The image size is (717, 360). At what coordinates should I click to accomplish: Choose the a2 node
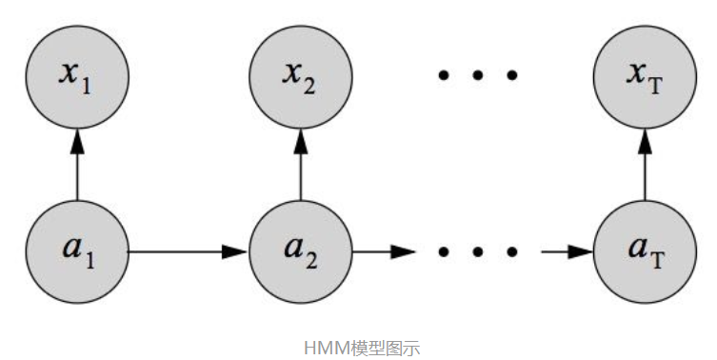[301, 251]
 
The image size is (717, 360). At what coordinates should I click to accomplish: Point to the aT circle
[645, 251]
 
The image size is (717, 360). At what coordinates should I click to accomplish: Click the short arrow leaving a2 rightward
[385, 252]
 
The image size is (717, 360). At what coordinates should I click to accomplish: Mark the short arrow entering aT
[567, 252]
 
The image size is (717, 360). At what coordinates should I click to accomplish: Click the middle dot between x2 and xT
[477, 74]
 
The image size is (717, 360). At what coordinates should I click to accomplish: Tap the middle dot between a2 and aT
[477, 252]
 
